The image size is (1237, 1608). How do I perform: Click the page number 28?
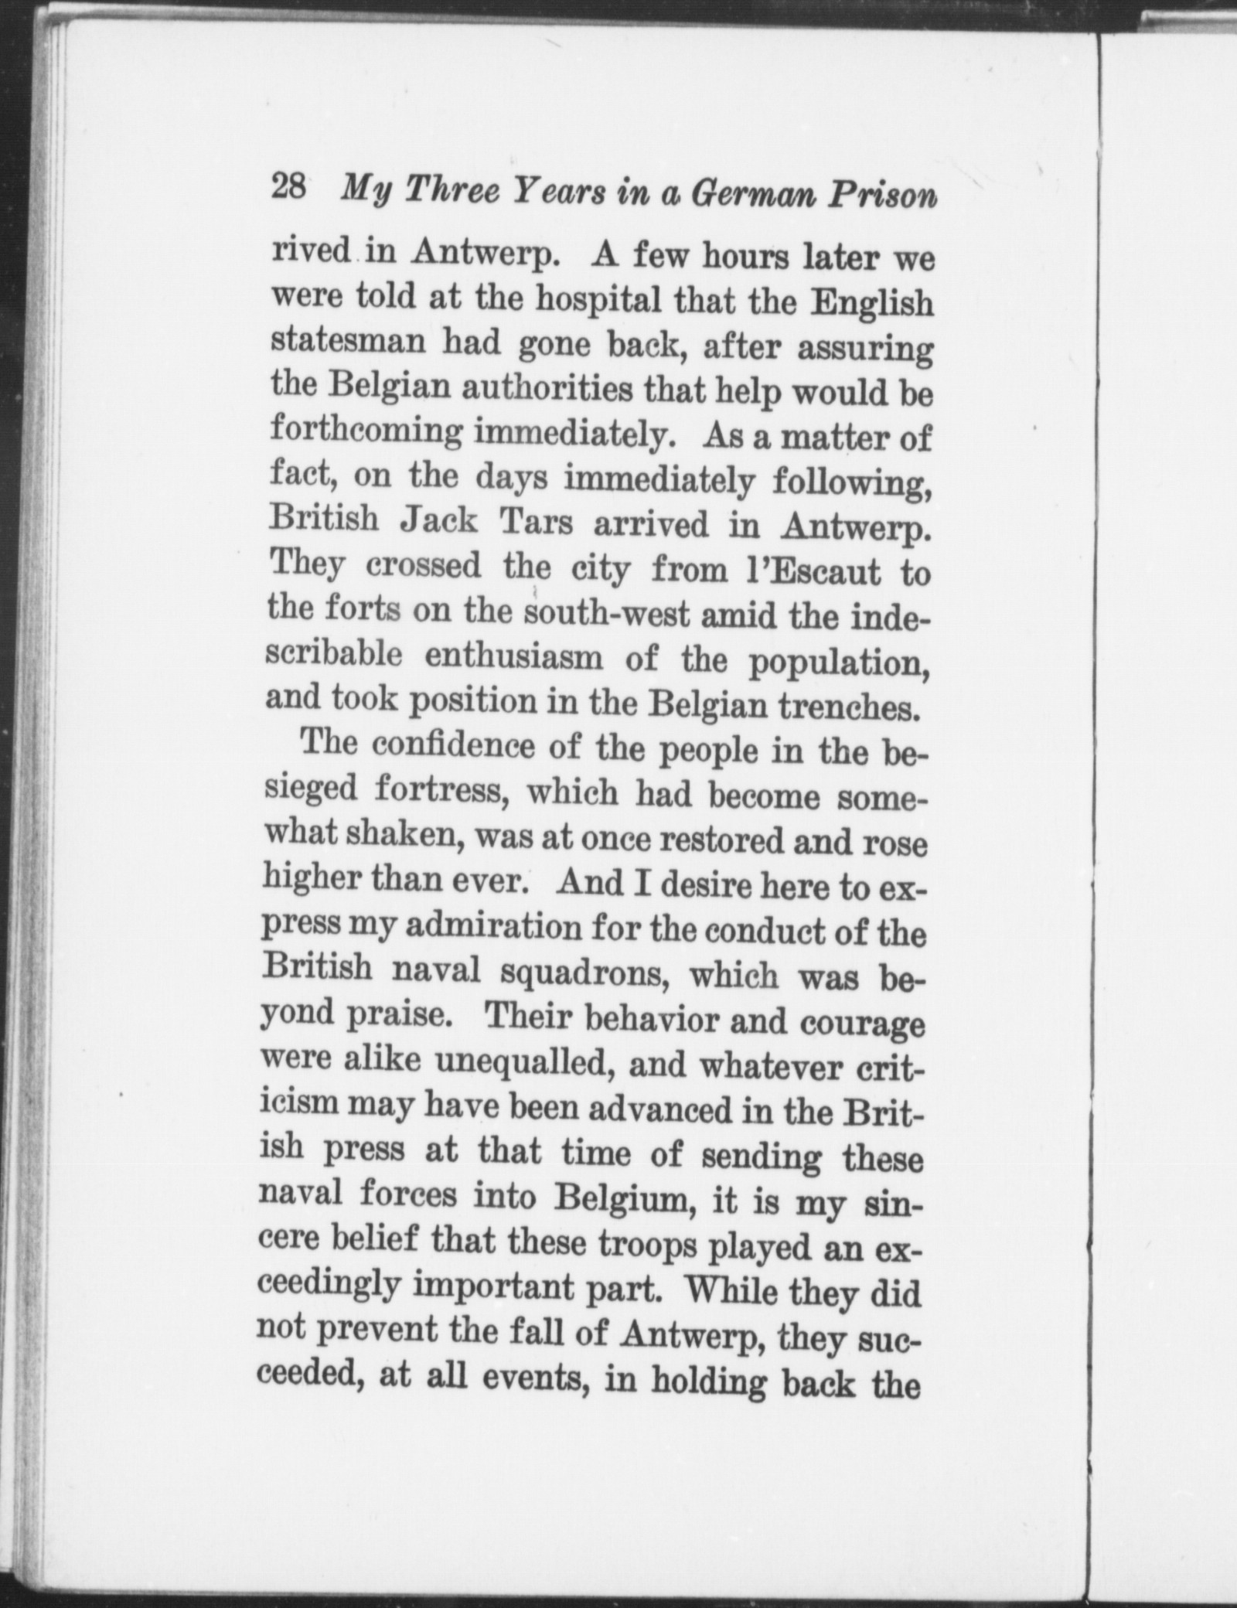click(x=289, y=189)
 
